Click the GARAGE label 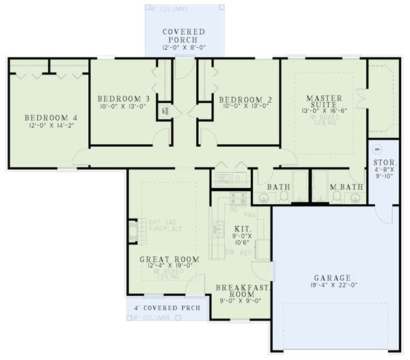coord(332,278)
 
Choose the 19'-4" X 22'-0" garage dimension coord(332,288)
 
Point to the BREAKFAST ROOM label coord(243,292)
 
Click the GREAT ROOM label coord(169,260)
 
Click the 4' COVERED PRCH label coord(167,307)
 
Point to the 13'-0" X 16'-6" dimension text coord(324,110)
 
